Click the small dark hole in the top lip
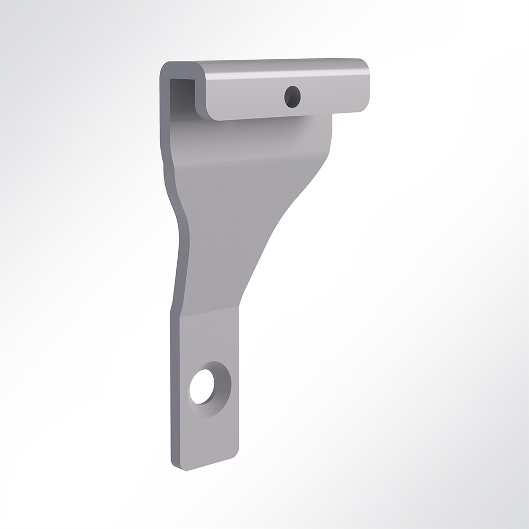coord(293,96)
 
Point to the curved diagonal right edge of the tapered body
coord(280,222)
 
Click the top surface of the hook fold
coord(264,64)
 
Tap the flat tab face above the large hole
coord(209,339)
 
